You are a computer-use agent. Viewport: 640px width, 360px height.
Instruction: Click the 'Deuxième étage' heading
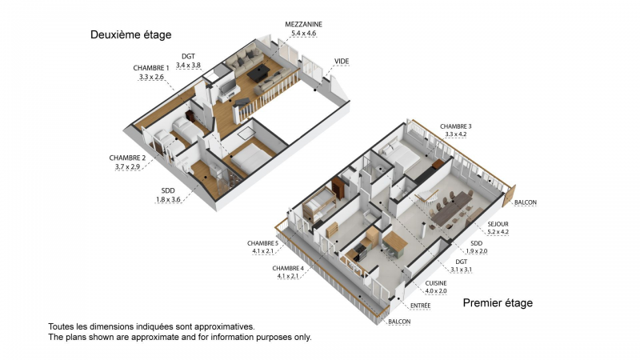point(130,35)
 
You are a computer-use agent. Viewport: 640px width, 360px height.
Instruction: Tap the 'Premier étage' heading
point(498,303)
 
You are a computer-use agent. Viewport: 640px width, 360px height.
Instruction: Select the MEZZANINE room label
point(304,25)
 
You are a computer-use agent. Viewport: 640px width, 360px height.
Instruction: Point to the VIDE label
point(342,62)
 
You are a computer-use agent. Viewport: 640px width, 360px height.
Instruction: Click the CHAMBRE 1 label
point(151,68)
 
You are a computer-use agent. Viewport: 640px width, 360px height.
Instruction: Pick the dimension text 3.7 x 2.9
point(127,166)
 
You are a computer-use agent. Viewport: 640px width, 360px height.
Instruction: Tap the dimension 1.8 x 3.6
point(168,199)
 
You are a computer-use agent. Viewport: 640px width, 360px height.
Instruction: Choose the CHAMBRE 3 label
point(455,126)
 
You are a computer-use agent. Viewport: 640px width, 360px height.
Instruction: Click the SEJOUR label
point(498,224)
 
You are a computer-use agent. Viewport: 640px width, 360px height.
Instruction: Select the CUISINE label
point(436,283)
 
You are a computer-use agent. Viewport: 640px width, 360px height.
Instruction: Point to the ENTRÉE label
point(421,306)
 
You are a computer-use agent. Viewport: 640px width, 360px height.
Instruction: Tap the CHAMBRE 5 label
point(262,243)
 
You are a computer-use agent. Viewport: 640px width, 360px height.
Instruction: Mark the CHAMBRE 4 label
point(288,268)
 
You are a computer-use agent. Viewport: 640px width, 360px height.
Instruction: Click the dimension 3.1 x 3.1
point(462,270)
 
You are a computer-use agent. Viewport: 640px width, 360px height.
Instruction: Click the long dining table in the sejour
point(452,209)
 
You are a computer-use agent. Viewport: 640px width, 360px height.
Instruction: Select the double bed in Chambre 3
point(399,155)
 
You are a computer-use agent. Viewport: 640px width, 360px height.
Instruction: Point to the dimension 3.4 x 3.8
point(188,65)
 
